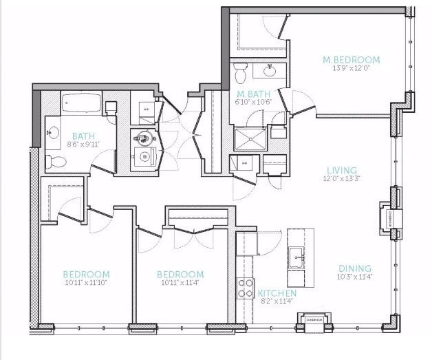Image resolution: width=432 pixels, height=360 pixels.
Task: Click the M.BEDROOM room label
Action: tap(351, 60)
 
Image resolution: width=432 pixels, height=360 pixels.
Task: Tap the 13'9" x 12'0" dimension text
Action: tap(351, 69)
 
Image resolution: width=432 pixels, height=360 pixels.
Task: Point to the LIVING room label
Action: tap(341, 170)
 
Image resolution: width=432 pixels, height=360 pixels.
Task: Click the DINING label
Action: tap(355, 268)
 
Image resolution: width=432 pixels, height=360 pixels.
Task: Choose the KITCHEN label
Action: tap(277, 293)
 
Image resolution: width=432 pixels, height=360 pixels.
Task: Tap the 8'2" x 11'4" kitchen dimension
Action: tap(277, 301)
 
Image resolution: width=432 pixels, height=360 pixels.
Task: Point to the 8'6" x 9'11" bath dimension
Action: tap(83, 145)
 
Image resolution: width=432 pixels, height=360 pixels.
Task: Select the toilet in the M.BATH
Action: tap(240, 72)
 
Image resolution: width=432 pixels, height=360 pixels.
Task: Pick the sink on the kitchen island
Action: tap(298, 259)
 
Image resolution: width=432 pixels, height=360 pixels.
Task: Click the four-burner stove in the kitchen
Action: tap(246, 288)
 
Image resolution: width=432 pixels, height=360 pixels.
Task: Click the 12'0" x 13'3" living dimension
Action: tap(341, 179)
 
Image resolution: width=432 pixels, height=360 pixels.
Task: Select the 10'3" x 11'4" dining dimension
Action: tap(355, 277)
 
